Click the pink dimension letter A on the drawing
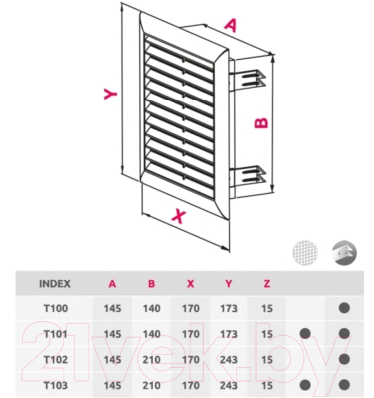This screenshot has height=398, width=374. (231, 25)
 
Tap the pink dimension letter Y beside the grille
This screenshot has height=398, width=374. (111, 94)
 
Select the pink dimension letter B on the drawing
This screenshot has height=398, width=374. (261, 123)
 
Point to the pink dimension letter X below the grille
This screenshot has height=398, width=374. (179, 216)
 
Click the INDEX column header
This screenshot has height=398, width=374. (55, 284)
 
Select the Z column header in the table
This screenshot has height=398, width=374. (267, 284)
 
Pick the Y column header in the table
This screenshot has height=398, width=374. (228, 284)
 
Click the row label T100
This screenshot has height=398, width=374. (56, 308)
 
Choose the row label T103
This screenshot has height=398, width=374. (56, 385)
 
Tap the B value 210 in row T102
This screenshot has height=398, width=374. (152, 360)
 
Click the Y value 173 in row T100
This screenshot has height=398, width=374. (229, 308)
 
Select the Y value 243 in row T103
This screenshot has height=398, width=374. (229, 385)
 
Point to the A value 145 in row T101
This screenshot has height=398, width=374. (112, 334)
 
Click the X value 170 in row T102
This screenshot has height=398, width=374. (191, 360)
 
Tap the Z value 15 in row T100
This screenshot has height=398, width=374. (267, 308)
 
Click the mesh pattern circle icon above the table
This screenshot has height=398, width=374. (305, 253)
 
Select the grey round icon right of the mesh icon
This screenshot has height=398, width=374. (344, 253)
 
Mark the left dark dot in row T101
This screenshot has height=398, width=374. (305, 333)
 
